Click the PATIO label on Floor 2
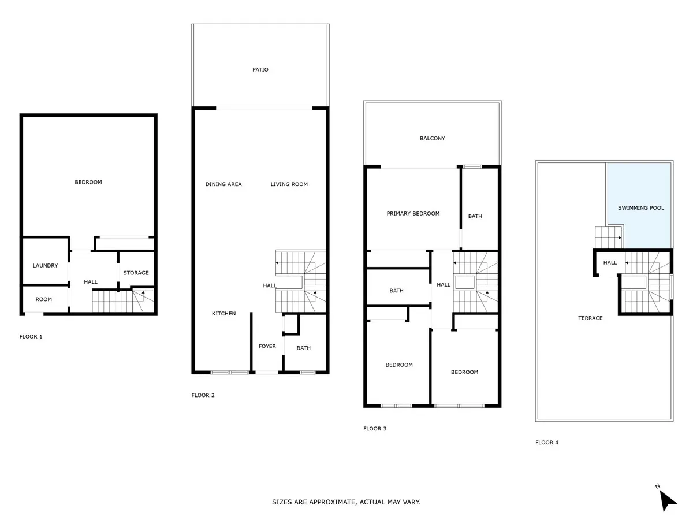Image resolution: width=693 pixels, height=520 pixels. pyautogui.click(x=260, y=69)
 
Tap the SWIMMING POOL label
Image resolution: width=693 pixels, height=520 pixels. pyautogui.click(x=640, y=208)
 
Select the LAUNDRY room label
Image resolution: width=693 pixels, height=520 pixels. pyautogui.click(x=45, y=266)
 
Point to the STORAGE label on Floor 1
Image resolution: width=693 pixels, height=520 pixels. pyautogui.click(x=136, y=273)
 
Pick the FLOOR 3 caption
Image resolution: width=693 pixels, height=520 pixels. pyautogui.click(x=374, y=429)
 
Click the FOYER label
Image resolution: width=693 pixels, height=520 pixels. pyautogui.click(x=267, y=346)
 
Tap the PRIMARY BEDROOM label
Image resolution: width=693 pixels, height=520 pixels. pyautogui.click(x=413, y=213)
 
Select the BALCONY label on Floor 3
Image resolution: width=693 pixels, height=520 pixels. pyautogui.click(x=432, y=138)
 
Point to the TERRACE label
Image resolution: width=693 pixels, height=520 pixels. pyautogui.click(x=590, y=318)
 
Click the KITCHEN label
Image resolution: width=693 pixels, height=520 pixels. pyautogui.click(x=223, y=314)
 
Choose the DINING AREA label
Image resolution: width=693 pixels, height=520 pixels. pyautogui.click(x=223, y=184)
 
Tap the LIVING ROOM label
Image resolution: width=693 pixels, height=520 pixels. pyautogui.click(x=289, y=184)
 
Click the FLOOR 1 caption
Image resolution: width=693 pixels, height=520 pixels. pyautogui.click(x=31, y=337)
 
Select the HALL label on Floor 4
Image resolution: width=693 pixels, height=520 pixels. pyautogui.click(x=610, y=263)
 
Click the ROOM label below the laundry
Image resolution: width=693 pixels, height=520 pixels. pyautogui.click(x=43, y=299)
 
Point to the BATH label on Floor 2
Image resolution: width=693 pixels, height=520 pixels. pyautogui.click(x=303, y=348)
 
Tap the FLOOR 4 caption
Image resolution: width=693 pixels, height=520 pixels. pyautogui.click(x=546, y=443)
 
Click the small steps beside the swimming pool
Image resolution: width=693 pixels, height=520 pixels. pyautogui.click(x=609, y=237)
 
